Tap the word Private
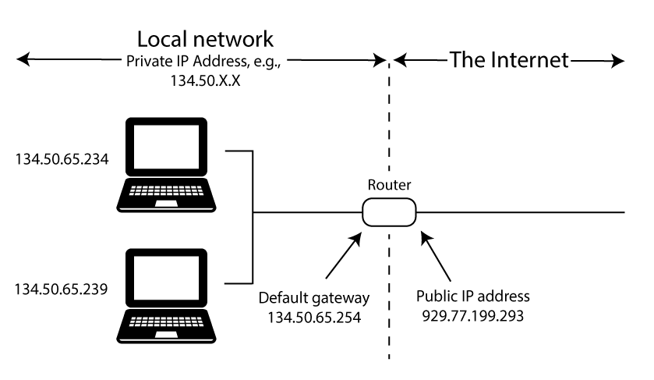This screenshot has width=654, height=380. [x=147, y=62]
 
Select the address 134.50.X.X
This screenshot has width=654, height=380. [x=204, y=80]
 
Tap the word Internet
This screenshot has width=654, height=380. [x=529, y=60]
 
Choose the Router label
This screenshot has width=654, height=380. [x=389, y=185]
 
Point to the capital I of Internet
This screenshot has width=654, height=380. [x=493, y=60]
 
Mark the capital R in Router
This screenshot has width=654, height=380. [x=372, y=185]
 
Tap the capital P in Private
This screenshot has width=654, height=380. [x=130, y=62]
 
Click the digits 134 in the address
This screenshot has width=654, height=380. [x=180, y=80]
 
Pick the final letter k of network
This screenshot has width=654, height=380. [x=268, y=41]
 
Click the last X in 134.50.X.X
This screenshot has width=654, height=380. [x=235, y=80]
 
